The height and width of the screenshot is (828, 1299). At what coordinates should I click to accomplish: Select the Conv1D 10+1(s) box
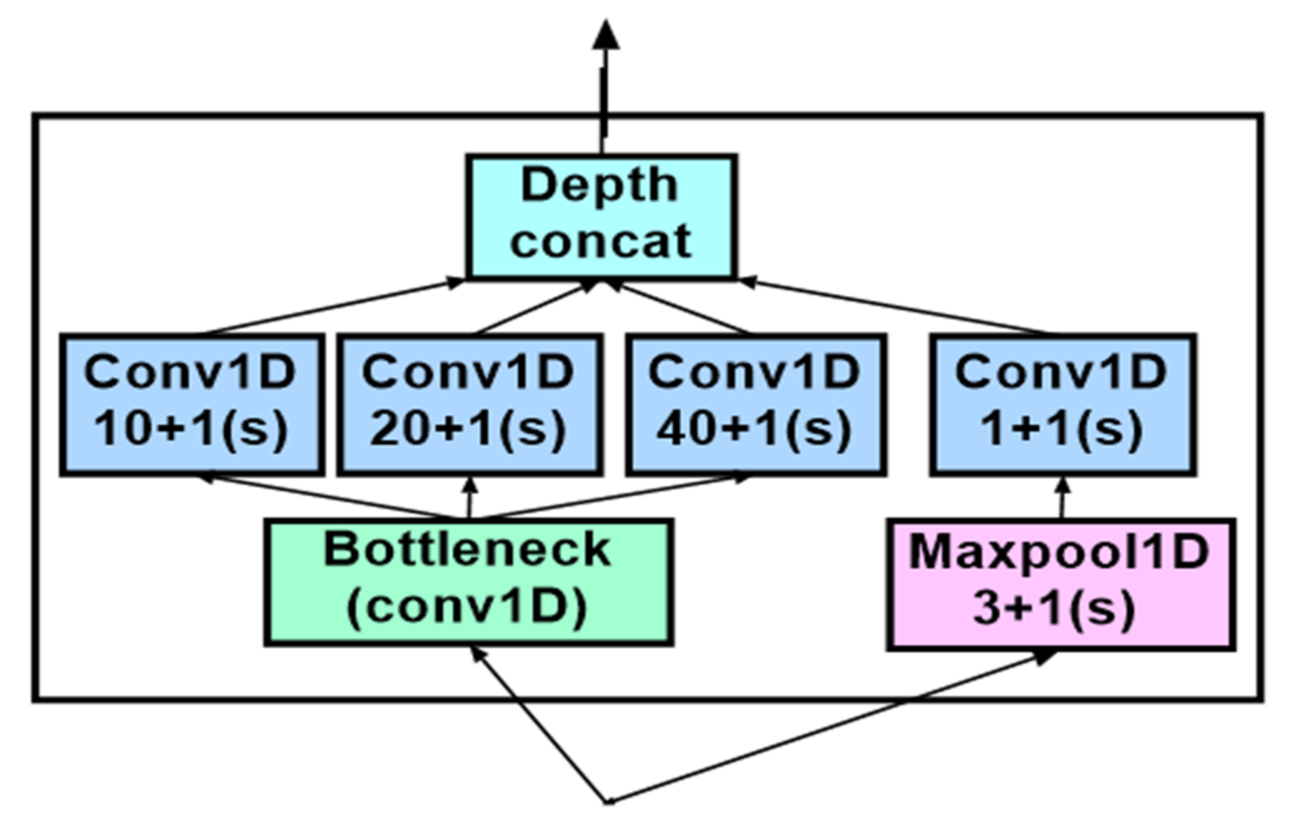191,405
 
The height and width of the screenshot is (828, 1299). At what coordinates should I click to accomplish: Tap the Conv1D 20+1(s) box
469,405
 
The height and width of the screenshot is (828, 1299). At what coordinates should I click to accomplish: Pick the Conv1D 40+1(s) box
756,405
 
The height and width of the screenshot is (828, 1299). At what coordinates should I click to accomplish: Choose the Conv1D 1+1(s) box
1062,405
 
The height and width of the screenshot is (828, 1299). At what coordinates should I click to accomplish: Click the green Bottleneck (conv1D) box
468,582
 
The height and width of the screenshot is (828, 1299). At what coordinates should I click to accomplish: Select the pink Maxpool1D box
1061,583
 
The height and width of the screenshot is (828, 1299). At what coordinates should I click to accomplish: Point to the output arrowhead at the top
606,36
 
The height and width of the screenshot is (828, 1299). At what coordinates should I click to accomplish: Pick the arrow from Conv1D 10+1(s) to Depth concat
333,307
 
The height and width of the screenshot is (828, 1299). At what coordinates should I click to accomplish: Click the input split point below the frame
608,801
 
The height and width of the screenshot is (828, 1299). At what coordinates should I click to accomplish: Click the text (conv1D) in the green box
466,607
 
